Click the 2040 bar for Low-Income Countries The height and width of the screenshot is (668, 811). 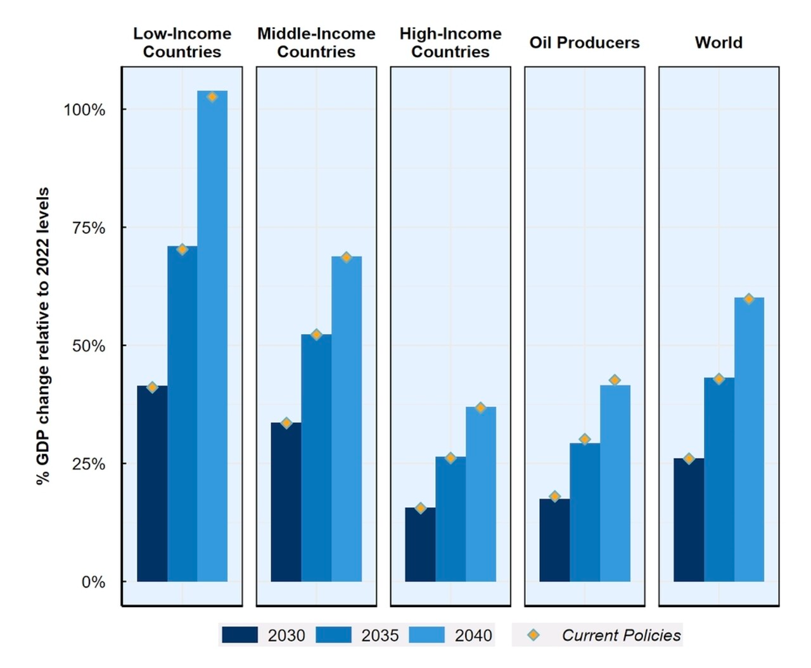[x=212, y=336]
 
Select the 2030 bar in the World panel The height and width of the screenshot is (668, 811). [x=689, y=520]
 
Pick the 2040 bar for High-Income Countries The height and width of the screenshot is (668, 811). [x=481, y=494]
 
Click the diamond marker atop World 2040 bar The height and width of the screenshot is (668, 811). [x=749, y=299]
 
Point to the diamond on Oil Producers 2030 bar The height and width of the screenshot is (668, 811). [x=555, y=497]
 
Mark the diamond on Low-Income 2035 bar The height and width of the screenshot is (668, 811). [x=182, y=250]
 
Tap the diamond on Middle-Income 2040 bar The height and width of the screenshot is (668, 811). [x=346, y=257]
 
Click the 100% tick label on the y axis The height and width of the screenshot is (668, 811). [x=84, y=110]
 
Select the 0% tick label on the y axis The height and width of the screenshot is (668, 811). [x=93, y=582]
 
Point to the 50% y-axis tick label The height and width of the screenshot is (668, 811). [x=88, y=346]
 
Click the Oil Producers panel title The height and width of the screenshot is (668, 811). [x=584, y=42]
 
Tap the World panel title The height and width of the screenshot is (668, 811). [x=718, y=42]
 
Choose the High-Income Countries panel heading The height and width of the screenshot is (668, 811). [x=450, y=42]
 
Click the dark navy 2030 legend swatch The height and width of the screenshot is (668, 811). [x=240, y=635]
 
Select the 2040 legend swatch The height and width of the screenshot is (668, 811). [x=426, y=635]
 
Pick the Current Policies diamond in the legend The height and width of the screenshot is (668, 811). [x=533, y=635]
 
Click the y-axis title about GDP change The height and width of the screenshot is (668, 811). [x=43, y=336]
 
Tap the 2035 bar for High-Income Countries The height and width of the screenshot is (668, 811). [x=450, y=519]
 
